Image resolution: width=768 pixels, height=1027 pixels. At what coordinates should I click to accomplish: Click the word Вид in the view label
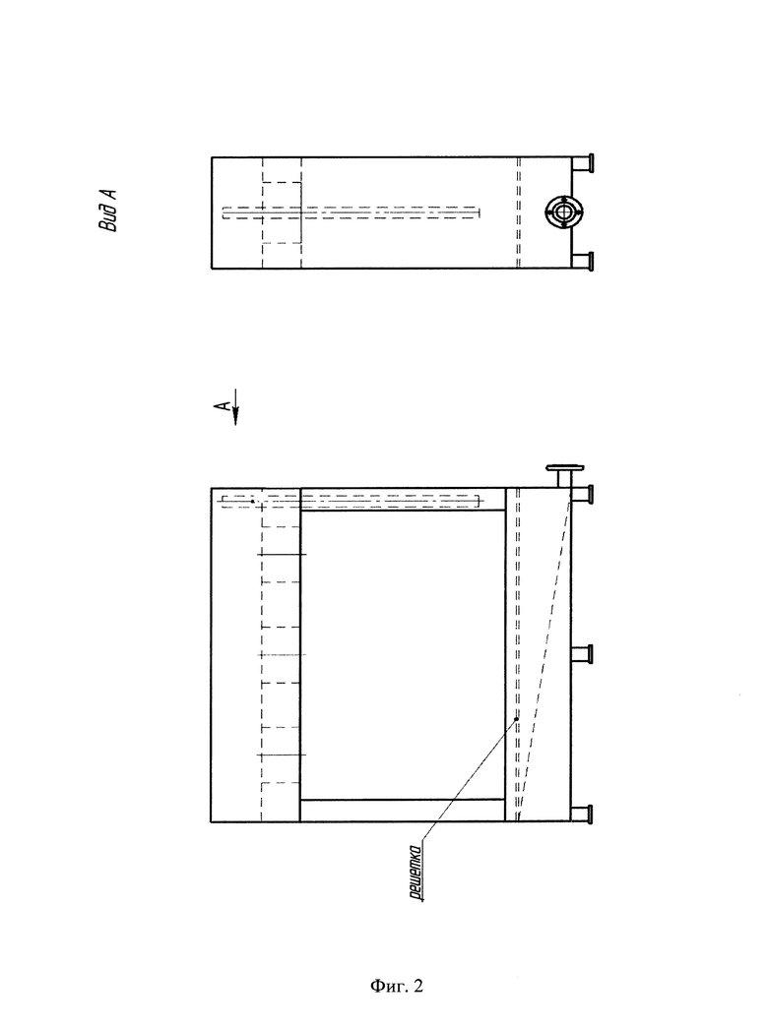[108, 219]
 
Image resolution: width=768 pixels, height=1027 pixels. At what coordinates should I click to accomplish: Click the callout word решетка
[415, 874]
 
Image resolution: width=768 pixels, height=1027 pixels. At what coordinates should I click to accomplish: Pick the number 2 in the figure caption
[418, 986]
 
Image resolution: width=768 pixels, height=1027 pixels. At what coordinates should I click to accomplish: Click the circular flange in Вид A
[562, 212]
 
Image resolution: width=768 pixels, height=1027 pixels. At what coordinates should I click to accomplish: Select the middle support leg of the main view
[582, 654]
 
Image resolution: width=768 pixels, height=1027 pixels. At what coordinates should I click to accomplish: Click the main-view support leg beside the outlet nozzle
[582, 494]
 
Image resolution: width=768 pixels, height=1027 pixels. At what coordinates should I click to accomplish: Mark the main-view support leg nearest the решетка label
[582, 815]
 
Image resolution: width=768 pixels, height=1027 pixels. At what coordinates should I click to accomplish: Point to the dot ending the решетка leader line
[516, 719]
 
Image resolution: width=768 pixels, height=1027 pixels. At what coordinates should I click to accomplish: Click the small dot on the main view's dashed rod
[252, 502]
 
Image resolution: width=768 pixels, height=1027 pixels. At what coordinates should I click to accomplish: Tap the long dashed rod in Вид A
[351, 212]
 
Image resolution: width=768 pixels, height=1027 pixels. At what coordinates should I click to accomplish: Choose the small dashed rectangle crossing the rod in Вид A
[282, 212]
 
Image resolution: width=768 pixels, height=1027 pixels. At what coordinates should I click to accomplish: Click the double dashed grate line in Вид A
[518, 212]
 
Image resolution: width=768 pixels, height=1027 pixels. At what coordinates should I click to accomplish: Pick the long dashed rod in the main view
[351, 502]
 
